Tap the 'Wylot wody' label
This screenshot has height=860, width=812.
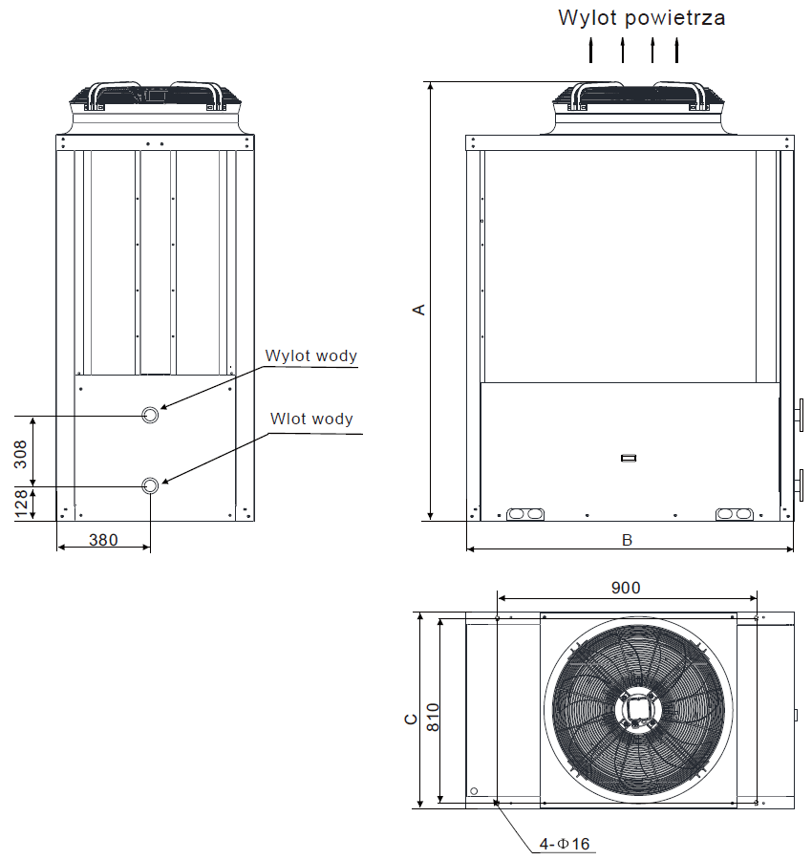pos(311,356)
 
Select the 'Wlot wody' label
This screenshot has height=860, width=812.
pos(311,419)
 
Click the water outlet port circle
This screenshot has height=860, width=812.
pos(151,414)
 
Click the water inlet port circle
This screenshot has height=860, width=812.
pos(151,485)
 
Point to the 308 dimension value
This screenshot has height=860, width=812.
pos(20,452)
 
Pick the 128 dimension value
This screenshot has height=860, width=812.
pos(20,504)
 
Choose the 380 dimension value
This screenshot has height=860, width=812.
pos(103,539)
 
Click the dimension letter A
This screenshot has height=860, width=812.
pos(417,310)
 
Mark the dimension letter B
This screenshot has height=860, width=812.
pos(628,540)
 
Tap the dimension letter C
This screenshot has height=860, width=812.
pos(410,719)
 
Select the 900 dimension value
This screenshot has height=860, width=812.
pos(626,588)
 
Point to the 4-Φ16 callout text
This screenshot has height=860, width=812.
pos(566,844)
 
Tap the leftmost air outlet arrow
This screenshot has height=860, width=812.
pos(591,51)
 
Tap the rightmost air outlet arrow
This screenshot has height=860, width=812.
pos(677,51)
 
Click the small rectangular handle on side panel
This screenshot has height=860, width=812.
pos(628,458)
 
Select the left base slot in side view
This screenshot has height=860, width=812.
pos(525,513)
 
